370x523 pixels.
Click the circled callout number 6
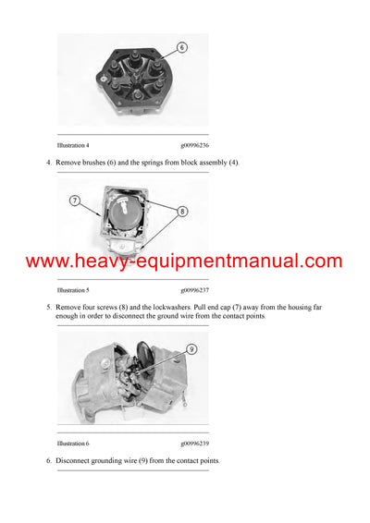[x=181, y=46]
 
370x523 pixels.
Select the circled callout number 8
[x=182, y=211]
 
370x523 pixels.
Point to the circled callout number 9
[x=191, y=349]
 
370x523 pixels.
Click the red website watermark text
[x=184, y=261]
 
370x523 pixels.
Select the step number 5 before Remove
[x=48, y=304]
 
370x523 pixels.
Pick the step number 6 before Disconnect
[x=48, y=460]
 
